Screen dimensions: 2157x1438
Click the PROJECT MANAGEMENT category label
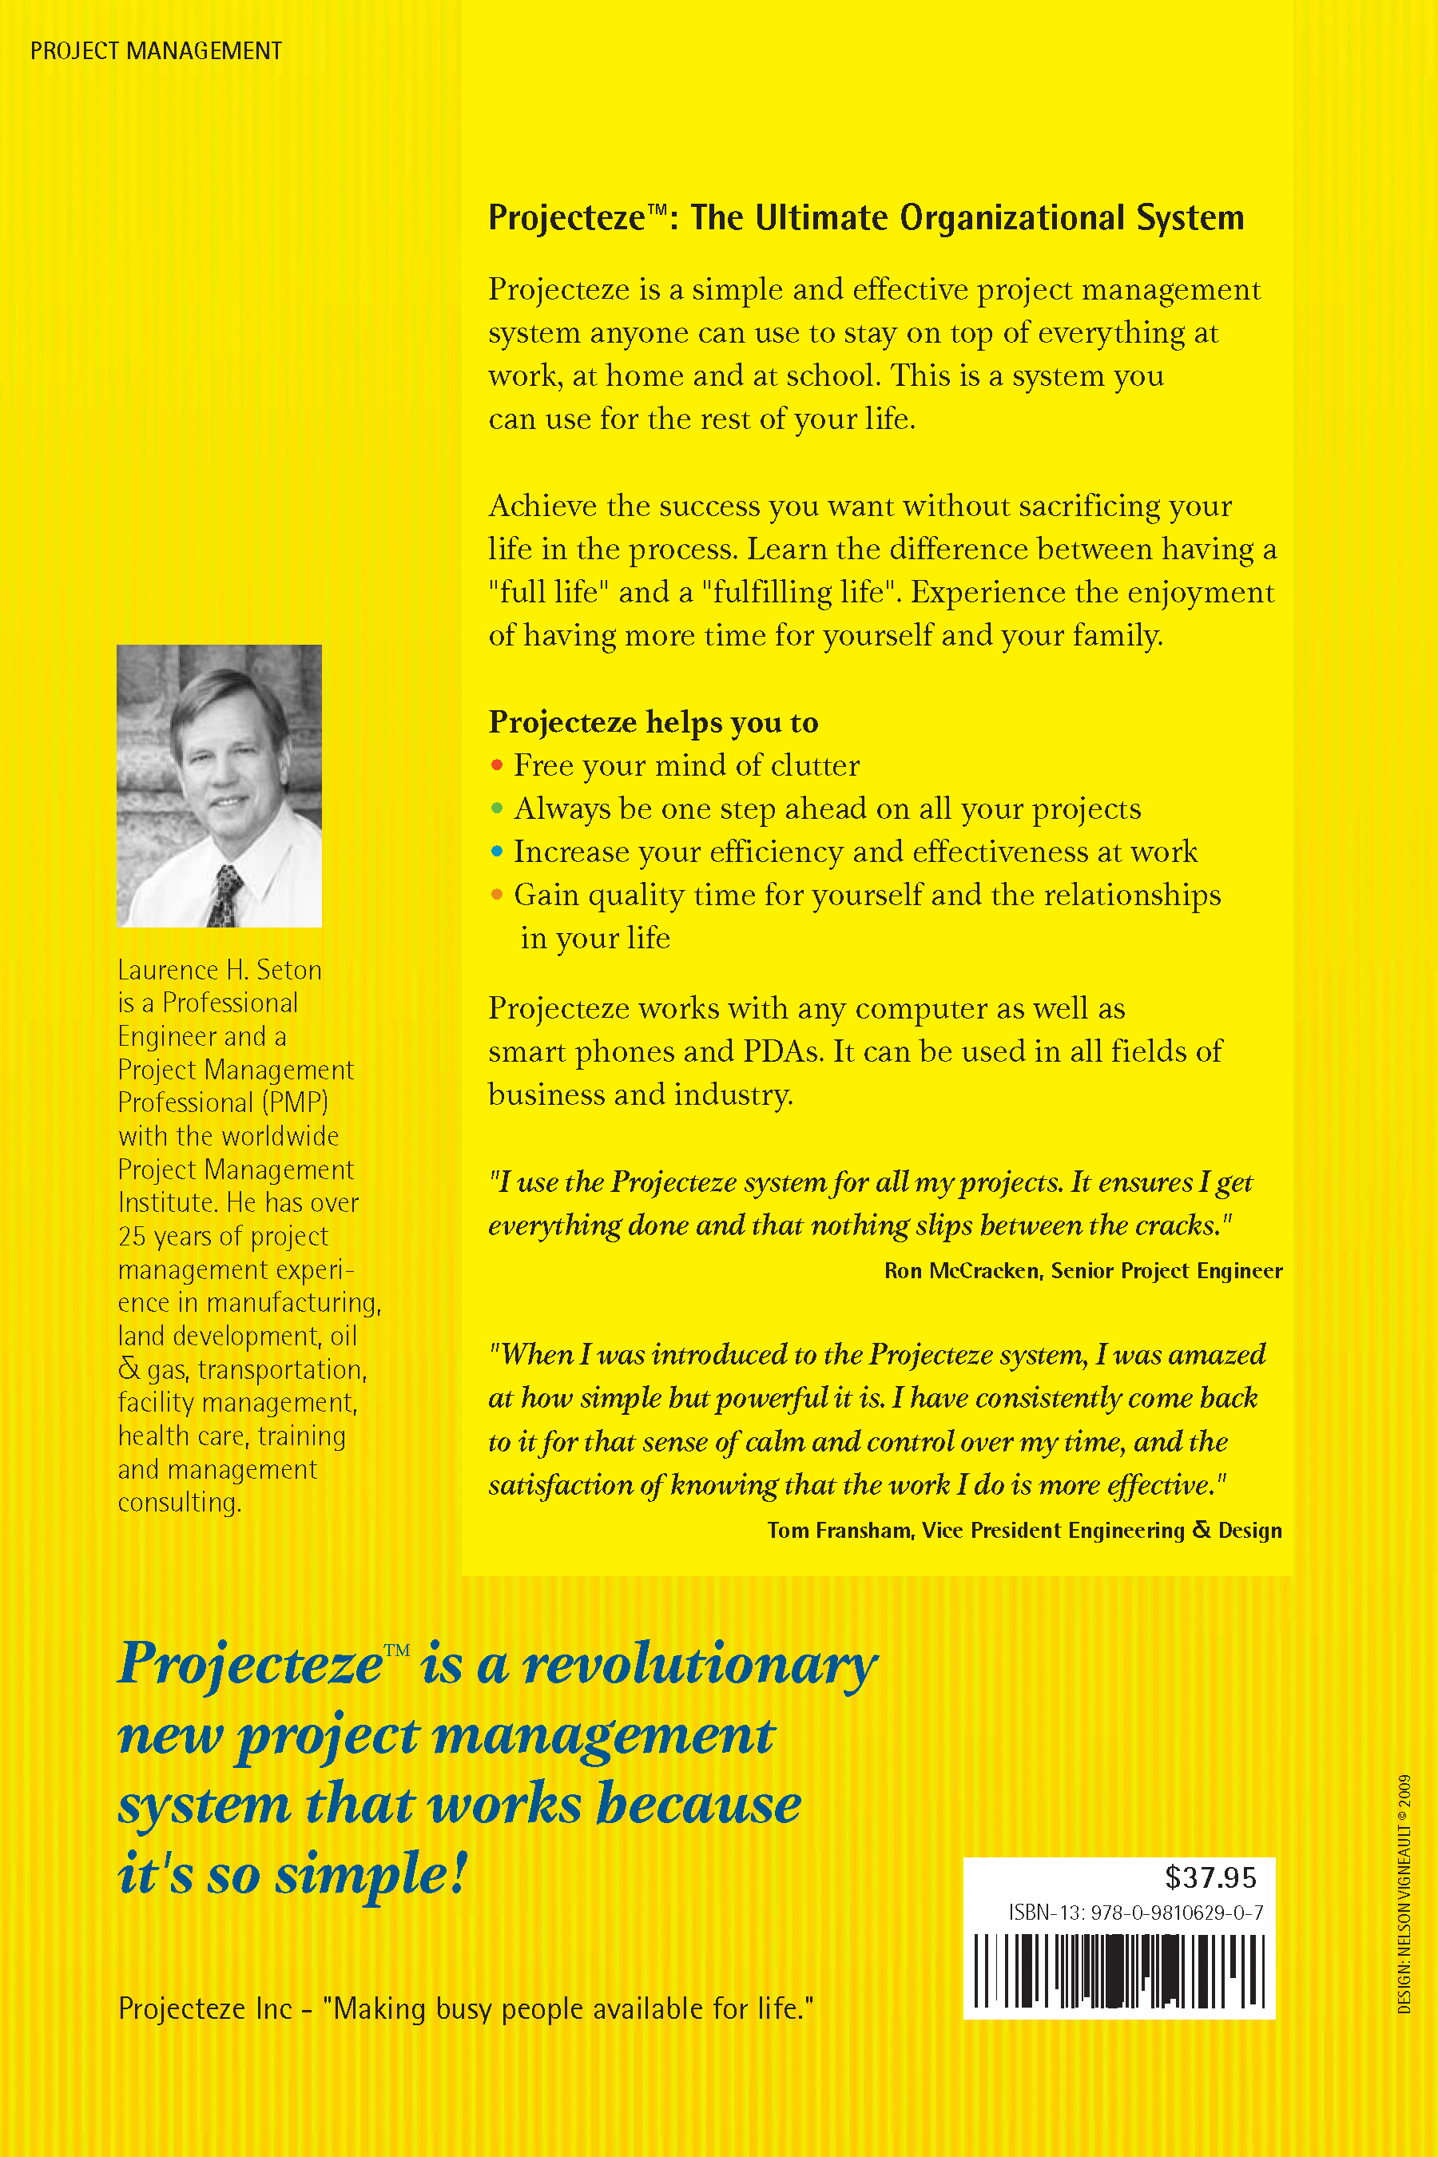[x=156, y=51]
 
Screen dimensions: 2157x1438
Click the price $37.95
[x=1210, y=1877]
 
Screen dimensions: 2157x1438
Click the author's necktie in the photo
[x=224, y=893]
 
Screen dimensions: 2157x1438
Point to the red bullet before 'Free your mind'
[x=497, y=765]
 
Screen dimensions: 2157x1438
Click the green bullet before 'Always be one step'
[x=497, y=808]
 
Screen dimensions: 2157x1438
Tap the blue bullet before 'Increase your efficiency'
[x=497, y=851]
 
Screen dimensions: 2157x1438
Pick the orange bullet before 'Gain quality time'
[x=497, y=894]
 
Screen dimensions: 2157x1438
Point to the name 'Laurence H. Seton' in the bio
[x=220, y=969]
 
